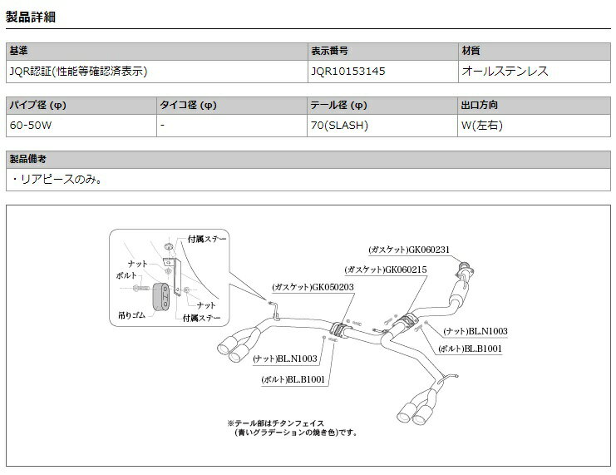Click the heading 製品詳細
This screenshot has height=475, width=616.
point(32,17)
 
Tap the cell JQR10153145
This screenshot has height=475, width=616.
point(347,72)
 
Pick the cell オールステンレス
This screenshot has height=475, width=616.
point(505,72)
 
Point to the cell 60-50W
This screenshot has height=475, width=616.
point(31,126)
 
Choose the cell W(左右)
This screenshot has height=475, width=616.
point(482,126)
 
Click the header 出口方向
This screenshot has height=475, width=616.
point(480,106)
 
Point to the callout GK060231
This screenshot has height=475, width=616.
point(408,249)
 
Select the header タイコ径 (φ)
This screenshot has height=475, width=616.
point(187,106)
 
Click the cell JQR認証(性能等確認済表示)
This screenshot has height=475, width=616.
point(78,72)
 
